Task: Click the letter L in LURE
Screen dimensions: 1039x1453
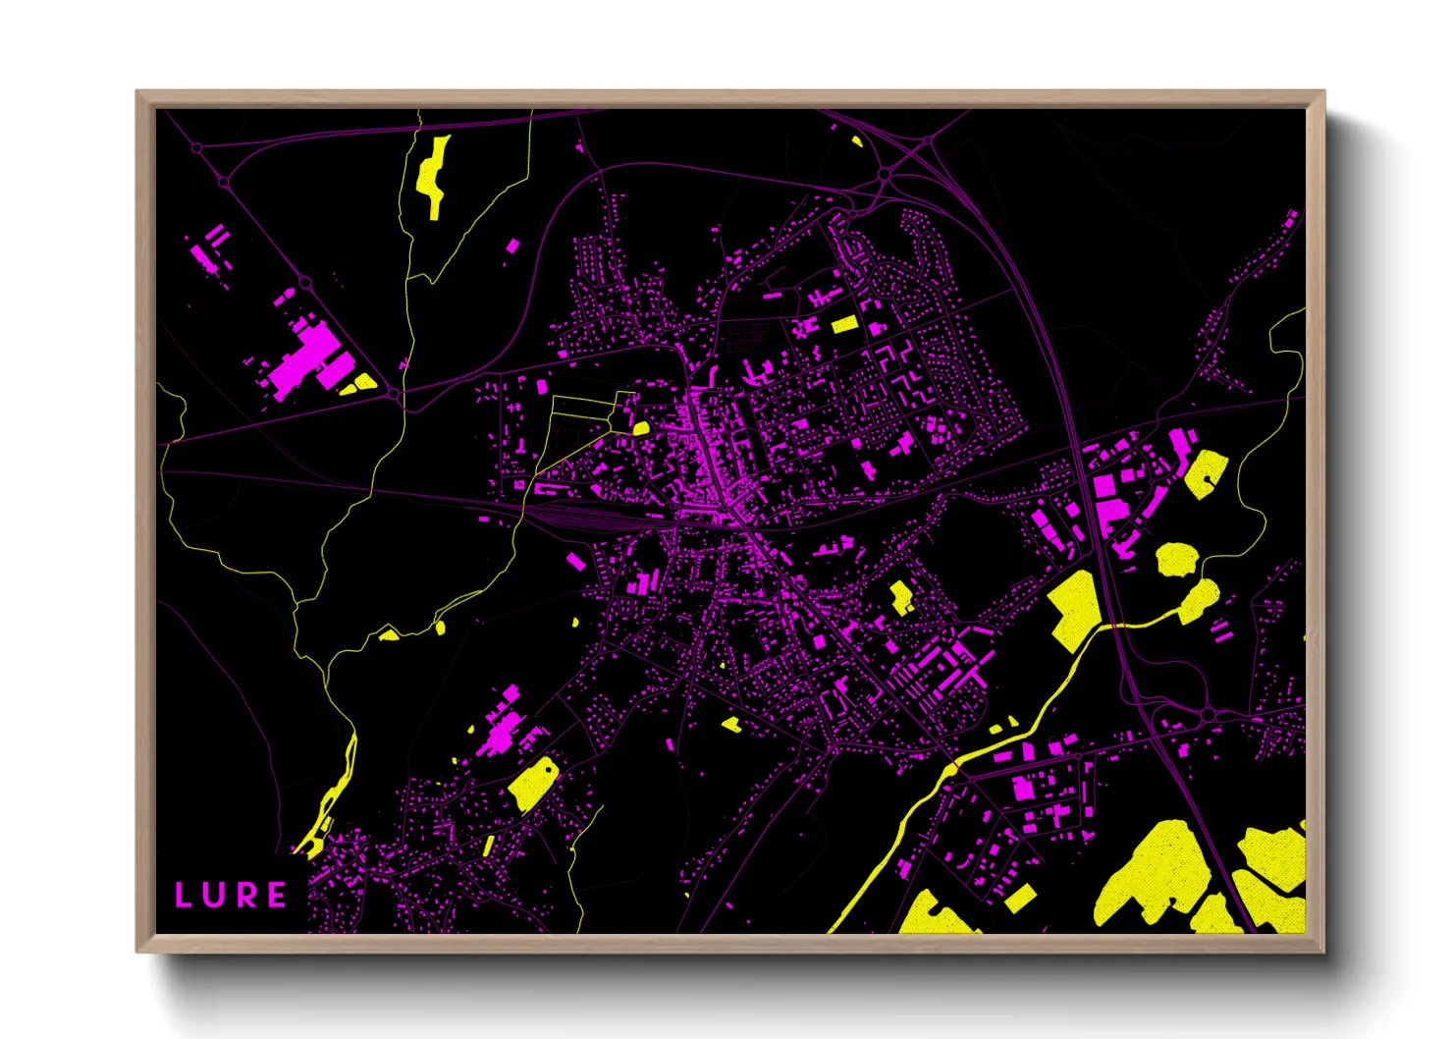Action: (183, 895)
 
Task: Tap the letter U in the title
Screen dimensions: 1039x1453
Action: (216, 895)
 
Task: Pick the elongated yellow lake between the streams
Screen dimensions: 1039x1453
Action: (433, 175)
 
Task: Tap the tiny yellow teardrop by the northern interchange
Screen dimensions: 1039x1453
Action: (857, 141)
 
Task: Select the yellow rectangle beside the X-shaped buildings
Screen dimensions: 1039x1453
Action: (844, 324)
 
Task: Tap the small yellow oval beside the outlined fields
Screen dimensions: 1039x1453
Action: (641, 428)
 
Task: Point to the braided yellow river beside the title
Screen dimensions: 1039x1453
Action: (335, 795)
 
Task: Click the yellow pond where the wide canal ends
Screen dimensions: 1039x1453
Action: (1199, 599)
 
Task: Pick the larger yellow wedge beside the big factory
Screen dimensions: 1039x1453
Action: (365, 381)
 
